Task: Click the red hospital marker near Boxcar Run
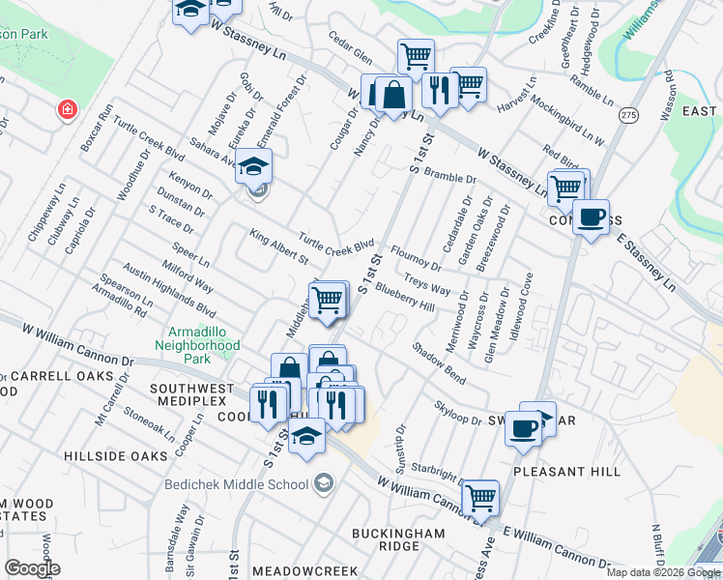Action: pos(67,109)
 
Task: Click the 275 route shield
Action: pos(629,115)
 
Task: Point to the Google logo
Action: pos(32,569)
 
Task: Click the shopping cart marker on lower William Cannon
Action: pos(479,499)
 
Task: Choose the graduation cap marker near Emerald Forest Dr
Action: pos(253,168)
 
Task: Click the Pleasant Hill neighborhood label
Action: pos(566,471)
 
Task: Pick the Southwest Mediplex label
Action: pos(191,389)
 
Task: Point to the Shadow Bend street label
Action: pos(439,362)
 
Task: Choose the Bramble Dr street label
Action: pos(450,179)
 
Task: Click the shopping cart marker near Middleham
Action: pos(329,299)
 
